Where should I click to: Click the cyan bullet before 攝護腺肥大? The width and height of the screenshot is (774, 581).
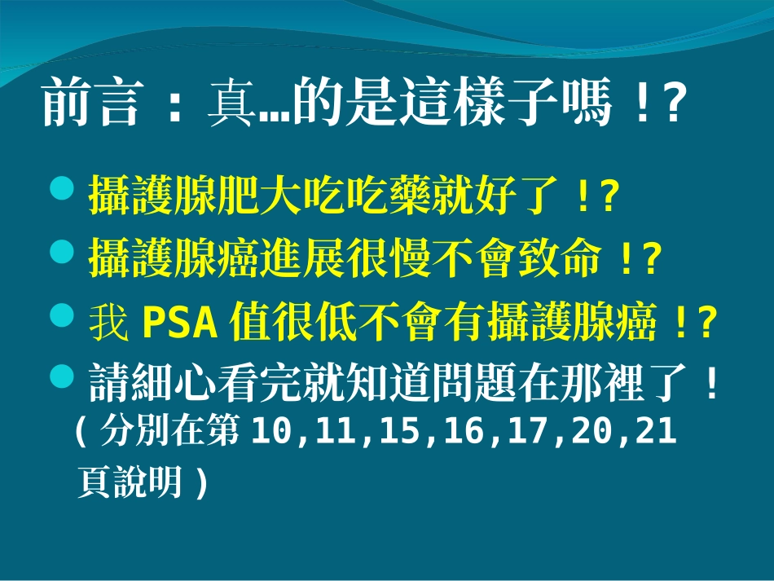pos(62,191)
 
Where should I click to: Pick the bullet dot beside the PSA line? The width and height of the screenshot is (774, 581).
pos(62,316)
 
